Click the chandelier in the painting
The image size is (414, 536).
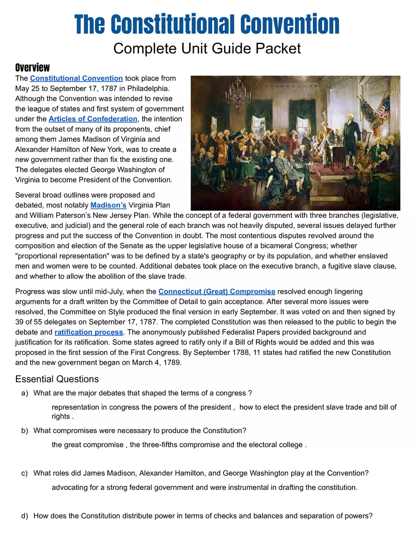(x=238, y=92)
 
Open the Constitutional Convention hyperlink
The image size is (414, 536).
(x=76, y=78)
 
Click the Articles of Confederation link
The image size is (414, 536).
(x=93, y=119)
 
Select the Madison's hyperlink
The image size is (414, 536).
(x=108, y=205)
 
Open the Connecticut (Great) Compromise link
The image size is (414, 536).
(x=216, y=292)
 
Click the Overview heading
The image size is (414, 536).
(x=32, y=67)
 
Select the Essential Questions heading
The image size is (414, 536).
(x=57, y=379)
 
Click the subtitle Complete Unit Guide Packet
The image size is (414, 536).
(x=207, y=48)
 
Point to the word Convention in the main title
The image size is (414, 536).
(x=289, y=24)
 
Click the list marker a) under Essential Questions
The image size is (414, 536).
(x=25, y=393)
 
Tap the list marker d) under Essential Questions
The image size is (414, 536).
(x=25, y=516)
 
